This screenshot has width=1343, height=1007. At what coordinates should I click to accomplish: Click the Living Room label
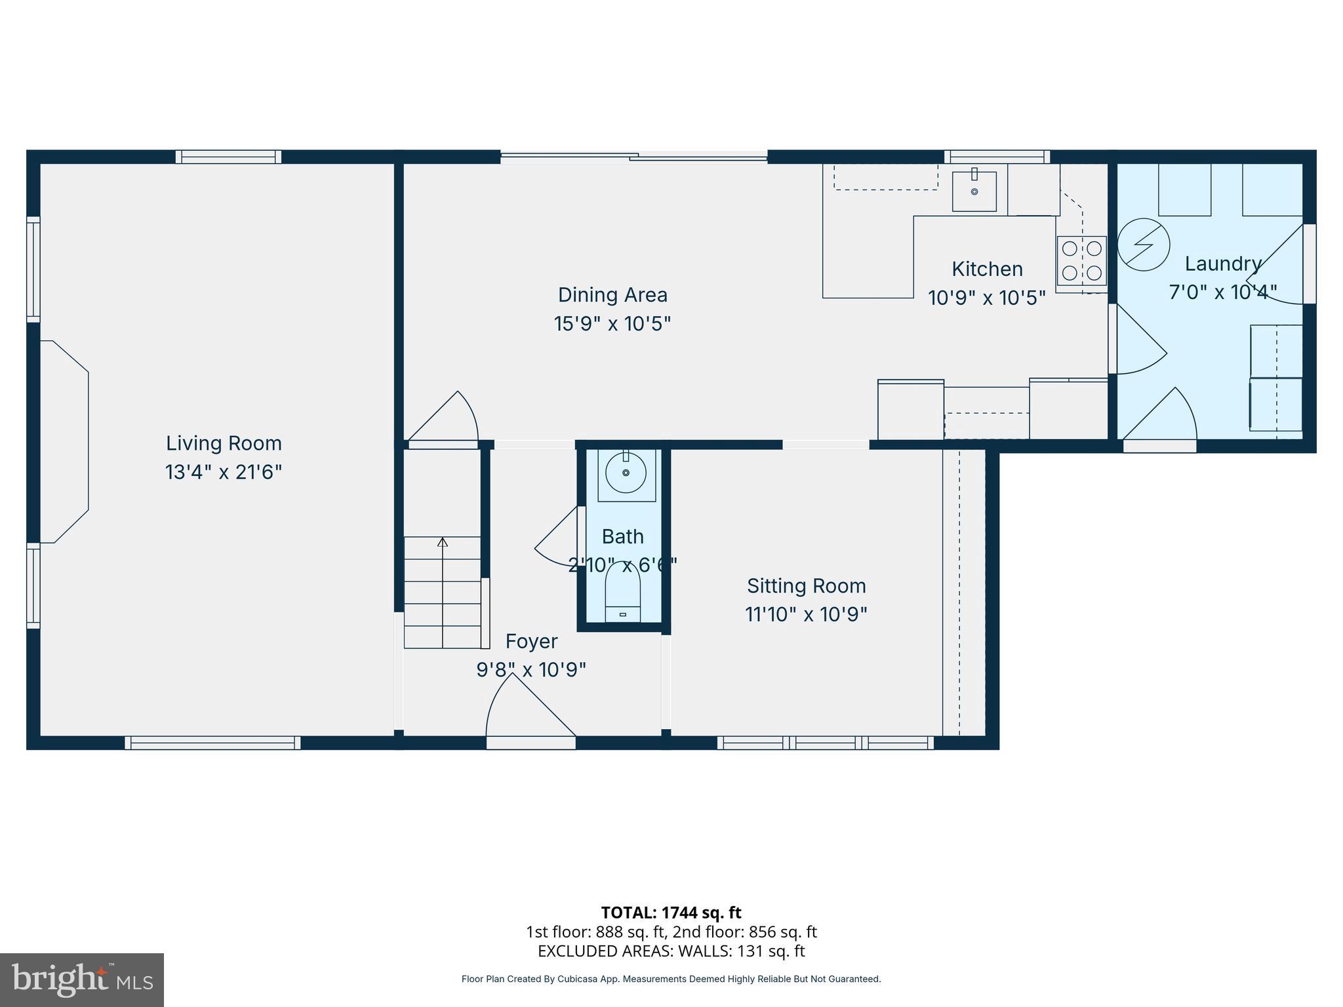[224, 443]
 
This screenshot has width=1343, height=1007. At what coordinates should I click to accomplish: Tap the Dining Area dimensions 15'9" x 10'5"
[612, 324]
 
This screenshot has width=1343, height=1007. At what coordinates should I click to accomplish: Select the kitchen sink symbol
[974, 191]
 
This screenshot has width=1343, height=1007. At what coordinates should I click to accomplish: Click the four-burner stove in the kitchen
[1081, 260]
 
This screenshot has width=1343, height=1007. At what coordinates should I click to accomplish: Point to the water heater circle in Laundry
[1143, 244]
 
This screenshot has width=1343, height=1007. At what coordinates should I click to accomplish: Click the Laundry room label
[1222, 264]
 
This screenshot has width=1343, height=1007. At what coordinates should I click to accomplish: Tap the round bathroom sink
[626, 472]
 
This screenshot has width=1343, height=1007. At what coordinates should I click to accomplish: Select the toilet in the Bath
[622, 590]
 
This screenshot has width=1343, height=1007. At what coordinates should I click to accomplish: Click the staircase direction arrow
[443, 543]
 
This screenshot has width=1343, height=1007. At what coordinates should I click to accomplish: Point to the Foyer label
[531, 641]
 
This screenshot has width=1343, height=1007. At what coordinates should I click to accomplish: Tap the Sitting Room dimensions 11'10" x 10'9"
[806, 614]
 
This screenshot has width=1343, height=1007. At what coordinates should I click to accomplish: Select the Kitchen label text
[987, 269]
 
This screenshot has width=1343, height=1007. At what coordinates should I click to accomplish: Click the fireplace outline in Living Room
[64, 441]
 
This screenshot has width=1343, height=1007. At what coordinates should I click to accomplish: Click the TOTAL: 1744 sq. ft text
[671, 913]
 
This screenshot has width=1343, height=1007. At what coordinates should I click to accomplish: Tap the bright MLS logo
[82, 980]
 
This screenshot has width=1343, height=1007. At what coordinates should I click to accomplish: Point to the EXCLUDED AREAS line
[671, 951]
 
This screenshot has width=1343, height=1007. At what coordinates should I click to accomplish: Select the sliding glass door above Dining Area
[633, 157]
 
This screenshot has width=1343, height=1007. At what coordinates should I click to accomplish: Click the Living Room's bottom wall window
[212, 743]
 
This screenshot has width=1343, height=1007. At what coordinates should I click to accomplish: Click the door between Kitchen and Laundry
[1138, 341]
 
